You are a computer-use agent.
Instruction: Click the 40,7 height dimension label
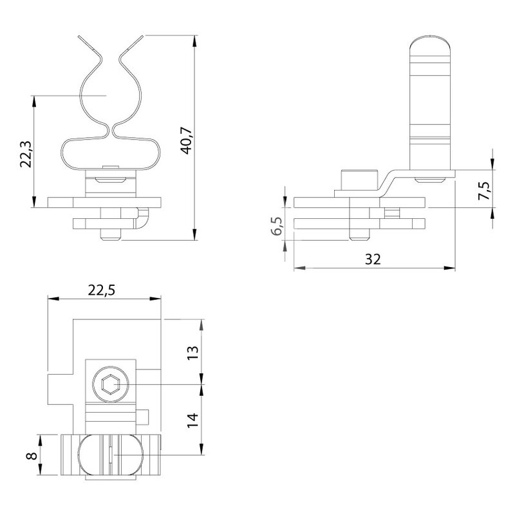(187, 140)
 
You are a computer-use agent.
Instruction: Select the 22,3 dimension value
(26, 154)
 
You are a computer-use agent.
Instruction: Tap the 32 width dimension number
(373, 259)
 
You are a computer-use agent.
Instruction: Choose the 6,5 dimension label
(277, 226)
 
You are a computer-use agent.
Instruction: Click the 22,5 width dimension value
(102, 290)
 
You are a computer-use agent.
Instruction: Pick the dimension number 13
(193, 353)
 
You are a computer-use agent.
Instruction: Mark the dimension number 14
(193, 420)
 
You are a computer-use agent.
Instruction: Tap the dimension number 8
(32, 456)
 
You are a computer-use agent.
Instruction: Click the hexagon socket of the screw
(109, 384)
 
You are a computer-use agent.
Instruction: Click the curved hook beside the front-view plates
(143, 218)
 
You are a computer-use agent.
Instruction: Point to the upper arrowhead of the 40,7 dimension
(195, 41)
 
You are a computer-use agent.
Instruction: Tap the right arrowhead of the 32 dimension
(449, 268)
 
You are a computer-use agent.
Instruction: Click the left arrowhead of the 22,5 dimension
(53, 299)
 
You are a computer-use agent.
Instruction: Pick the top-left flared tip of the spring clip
(79, 37)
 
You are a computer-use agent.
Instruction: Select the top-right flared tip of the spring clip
(142, 37)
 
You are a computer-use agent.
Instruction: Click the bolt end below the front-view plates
(111, 234)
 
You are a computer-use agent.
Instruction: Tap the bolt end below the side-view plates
(360, 234)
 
